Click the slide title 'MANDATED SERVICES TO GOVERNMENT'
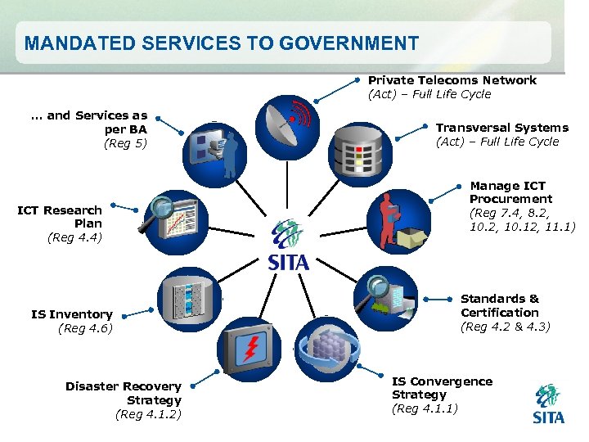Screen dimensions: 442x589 pyautogui.click(x=221, y=43)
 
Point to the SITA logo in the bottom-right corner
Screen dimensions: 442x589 pyautogui.click(x=548, y=404)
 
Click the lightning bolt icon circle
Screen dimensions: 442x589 pyautogui.click(x=247, y=348)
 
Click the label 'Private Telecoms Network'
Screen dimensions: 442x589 pyautogui.click(x=452, y=80)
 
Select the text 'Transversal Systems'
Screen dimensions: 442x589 pyautogui.click(x=501, y=128)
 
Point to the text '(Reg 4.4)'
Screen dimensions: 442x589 pyautogui.click(x=74, y=237)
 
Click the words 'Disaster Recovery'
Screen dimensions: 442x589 pyautogui.click(x=124, y=386)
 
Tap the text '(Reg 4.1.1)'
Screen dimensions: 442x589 pyautogui.click(x=425, y=408)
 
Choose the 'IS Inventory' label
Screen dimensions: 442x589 pyautogui.click(x=72, y=314)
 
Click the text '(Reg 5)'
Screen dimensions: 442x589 pyautogui.click(x=125, y=144)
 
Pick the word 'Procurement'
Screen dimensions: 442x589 pyautogui.click(x=510, y=199)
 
